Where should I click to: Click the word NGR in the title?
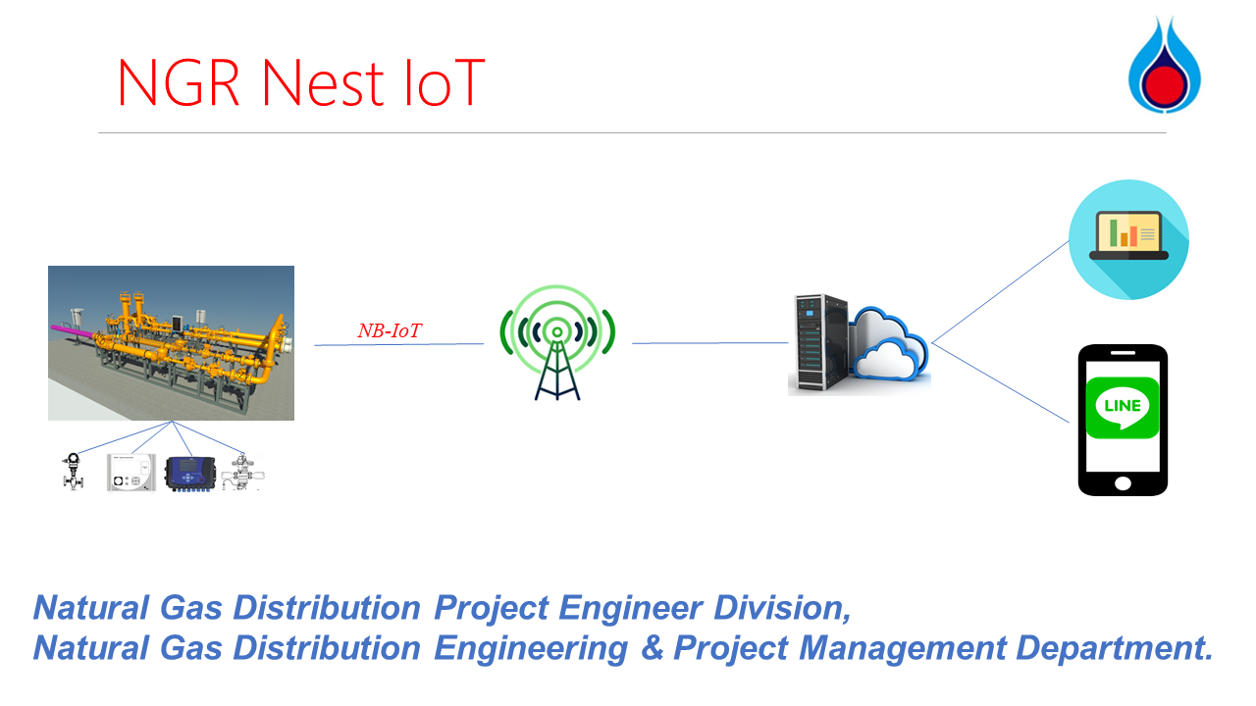click(x=179, y=82)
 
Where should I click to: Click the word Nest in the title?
click(x=323, y=82)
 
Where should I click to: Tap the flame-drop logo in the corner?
click(x=1164, y=65)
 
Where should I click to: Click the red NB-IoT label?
click(x=390, y=330)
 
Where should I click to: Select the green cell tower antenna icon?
click(x=557, y=342)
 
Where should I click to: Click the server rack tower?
click(x=820, y=342)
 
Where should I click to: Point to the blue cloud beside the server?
click(x=889, y=344)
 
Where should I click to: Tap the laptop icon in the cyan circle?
click(x=1128, y=235)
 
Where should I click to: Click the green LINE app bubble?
click(x=1122, y=407)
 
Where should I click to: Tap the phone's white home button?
click(x=1123, y=483)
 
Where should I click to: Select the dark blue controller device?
click(x=190, y=474)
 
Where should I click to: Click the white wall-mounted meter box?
click(x=131, y=473)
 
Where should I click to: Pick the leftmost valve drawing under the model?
click(x=73, y=472)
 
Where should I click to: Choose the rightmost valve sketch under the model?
click(x=242, y=472)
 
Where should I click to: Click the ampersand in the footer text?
click(x=652, y=648)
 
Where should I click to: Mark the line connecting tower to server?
click(x=709, y=343)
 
